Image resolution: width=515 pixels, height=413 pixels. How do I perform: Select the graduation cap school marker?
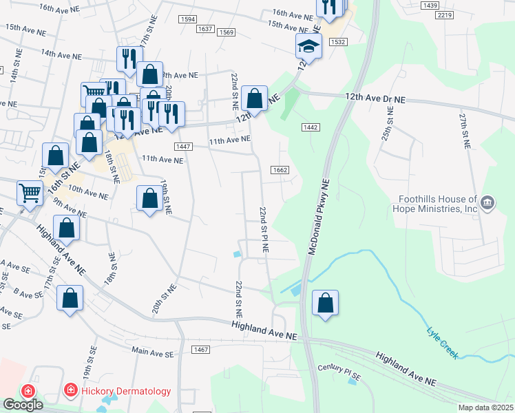[x=308, y=47]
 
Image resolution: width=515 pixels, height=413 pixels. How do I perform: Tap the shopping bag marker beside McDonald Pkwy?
[x=326, y=303]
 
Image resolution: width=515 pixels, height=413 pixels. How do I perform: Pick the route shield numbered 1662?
[x=280, y=170]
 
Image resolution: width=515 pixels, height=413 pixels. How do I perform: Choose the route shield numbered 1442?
[x=310, y=127]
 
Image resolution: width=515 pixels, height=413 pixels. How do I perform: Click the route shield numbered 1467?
[x=201, y=350]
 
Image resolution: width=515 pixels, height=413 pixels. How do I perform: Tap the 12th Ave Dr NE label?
[x=371, y=99]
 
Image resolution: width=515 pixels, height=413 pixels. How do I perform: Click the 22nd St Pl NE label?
[x=263, y=227]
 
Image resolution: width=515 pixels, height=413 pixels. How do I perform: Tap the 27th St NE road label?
[x=465, y=131]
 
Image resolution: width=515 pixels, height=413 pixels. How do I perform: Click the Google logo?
[x=23, y=405]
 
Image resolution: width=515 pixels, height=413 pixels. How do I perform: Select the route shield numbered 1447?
[x=183, y=147]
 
